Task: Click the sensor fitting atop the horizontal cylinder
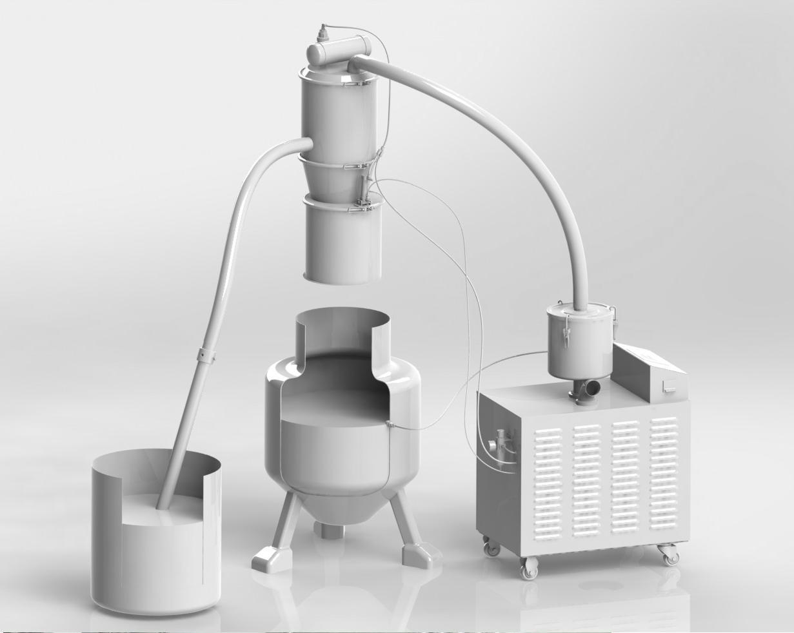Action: [x=323, y=31]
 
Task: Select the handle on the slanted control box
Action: [x=669, y=387]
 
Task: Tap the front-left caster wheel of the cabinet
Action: [x=530, y=569]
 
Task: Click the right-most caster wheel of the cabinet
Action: [x=671, y=556]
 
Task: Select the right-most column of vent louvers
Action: [x=664, y=477]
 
